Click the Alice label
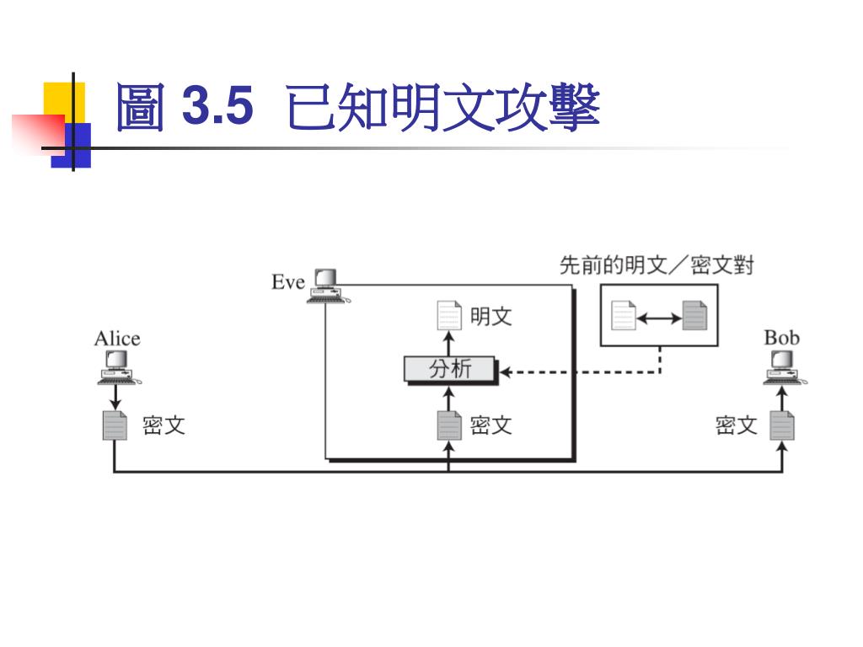[117, 339]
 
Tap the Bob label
[781, 338]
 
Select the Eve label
[287, 282]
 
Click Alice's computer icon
[115, 368]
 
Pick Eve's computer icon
[326, 286]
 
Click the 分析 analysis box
[450, 370]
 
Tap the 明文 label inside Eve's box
[491, 317]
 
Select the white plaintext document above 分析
[449, 316]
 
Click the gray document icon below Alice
[115, 425]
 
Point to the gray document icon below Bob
[782, 425]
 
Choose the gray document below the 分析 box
[449, 425]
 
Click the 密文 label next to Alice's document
[163, 425]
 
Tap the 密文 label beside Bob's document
[737, 425]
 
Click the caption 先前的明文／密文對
[657, 266]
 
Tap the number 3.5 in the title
[217, 108]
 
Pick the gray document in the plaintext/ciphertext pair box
[694, 316]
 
